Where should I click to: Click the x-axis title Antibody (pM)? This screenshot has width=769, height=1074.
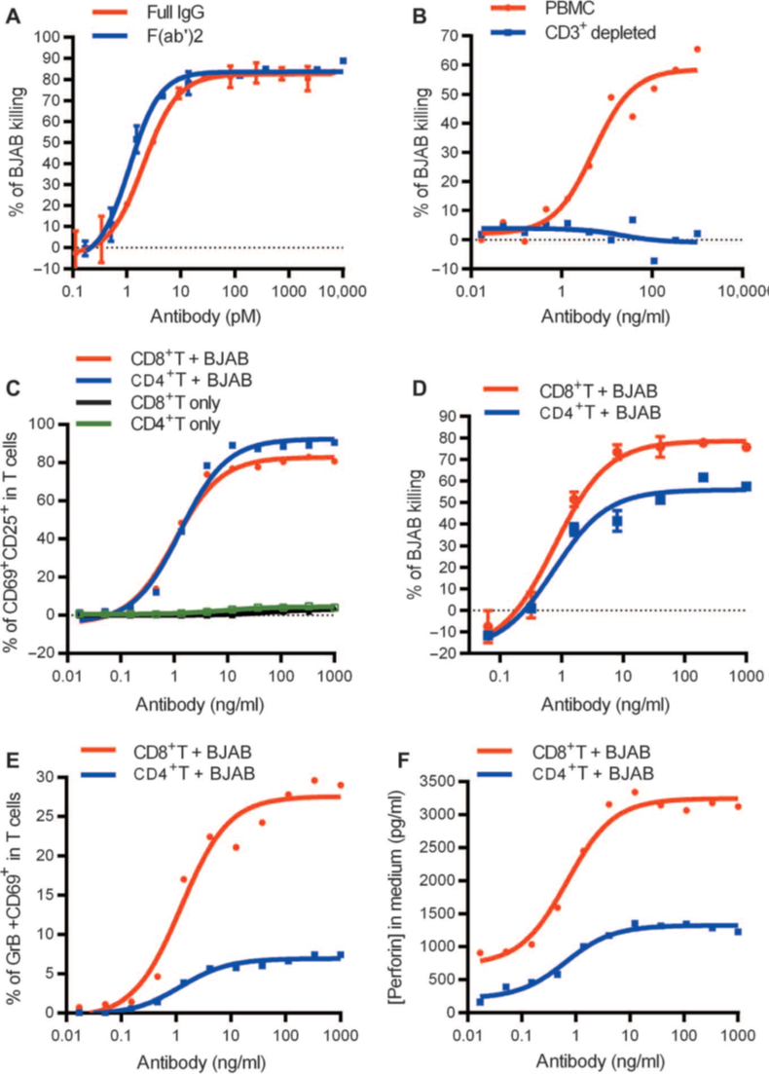tap(203, 316)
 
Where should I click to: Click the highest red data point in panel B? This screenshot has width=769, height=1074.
tap(697, 49)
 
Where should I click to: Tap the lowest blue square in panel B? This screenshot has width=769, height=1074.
tap(655, 261)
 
